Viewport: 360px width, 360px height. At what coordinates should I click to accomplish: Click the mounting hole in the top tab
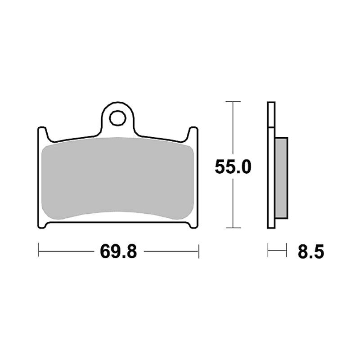tap(118, 118)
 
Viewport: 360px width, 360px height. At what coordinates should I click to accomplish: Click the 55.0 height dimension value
tap(233, 167)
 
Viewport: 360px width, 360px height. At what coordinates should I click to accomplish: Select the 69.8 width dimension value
tap(118, 251)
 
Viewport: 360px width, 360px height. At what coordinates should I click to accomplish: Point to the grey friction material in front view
tap(118, 178)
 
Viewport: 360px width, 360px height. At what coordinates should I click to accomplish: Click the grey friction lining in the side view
tap(281, 178)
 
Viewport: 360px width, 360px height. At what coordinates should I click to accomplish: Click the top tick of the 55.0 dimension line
tap(233, 101)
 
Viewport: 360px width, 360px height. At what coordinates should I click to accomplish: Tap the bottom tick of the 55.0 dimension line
tap(233, 228)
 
